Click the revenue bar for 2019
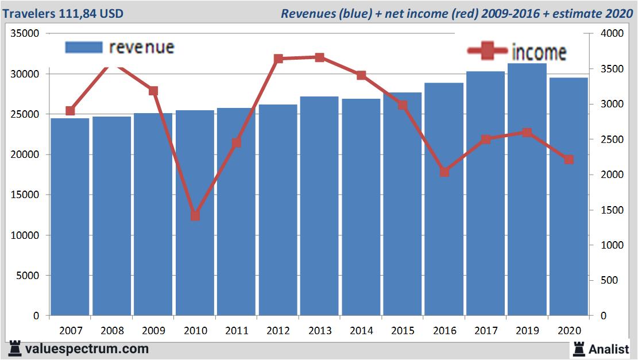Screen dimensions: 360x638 click(x=527, y=189)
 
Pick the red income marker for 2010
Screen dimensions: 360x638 click(x=195, y=216)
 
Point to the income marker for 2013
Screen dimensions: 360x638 click(x=319, y=57)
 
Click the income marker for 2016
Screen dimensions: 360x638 click(x=444, y=172)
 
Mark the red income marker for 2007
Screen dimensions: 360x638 click(x=70, y=111)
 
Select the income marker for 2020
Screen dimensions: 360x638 click(x=569, y=160)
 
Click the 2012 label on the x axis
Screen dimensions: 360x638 click(x=278, y=331)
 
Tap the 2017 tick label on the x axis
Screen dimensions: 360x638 click(x=485, y=331)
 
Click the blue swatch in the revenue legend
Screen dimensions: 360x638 click(x=84, y=47)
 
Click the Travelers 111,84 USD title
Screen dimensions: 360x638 click(x=63, y=13)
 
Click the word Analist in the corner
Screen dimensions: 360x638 click(x=609, y=349)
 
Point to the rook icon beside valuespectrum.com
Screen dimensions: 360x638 click(x=15, y=349)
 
